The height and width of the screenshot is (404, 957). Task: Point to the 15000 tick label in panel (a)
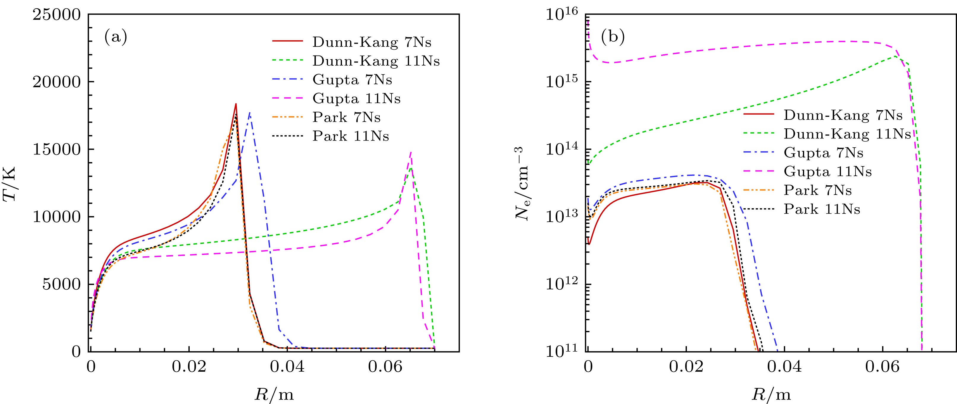(56, 150)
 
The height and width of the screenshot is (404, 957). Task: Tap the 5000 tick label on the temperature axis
(61, 285)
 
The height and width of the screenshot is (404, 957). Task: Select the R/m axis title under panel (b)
(771, 394)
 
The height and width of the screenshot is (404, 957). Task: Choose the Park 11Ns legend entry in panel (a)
(351, 136)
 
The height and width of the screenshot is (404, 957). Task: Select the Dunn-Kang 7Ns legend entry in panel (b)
(843, 115)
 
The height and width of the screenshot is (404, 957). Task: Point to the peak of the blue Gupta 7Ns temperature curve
(250, 112)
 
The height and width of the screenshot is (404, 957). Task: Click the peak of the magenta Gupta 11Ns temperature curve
(411, 151)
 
